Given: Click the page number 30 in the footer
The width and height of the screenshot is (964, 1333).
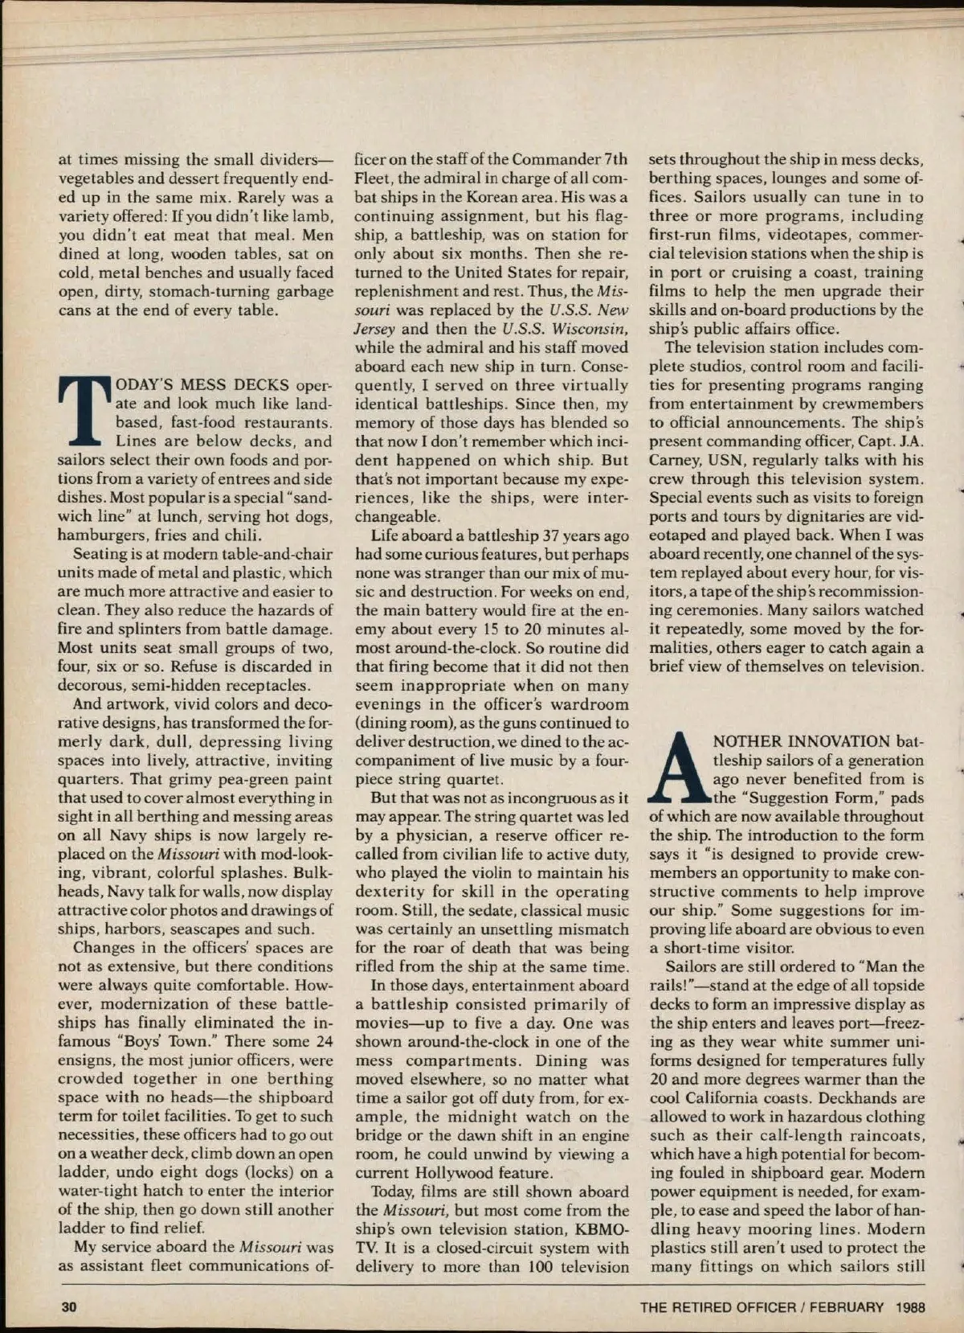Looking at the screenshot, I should pos(69,1306).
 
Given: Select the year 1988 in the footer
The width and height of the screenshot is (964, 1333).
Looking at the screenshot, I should pos(910,1306).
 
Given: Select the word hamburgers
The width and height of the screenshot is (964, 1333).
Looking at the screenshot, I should pos(100,535).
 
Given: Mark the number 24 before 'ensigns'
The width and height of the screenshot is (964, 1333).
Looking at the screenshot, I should pos(324,1042).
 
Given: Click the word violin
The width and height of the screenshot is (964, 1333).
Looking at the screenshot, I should pos(468,873).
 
